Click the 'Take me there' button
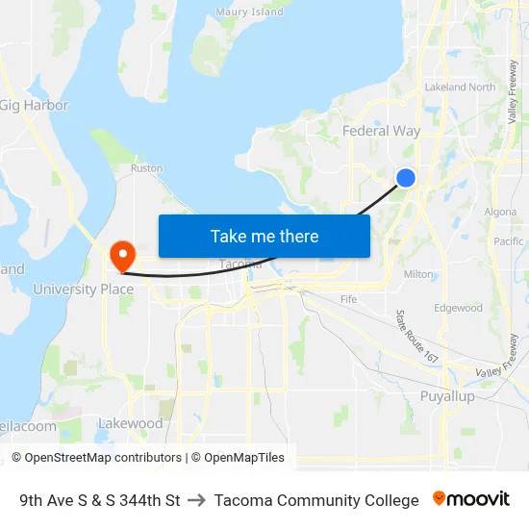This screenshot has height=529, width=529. (264, 236)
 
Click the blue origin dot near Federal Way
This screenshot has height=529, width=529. (406, 177)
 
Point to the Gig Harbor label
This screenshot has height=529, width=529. (35, 105)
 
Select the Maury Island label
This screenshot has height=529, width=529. (249, 13)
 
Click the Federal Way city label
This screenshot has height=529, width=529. (381, 131)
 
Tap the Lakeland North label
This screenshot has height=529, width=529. (460, 87)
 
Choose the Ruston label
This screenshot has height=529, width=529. (146, 167)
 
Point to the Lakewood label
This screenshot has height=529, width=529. (131, 423)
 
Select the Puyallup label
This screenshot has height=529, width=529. (447, 396)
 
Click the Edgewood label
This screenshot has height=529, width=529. (458, 308)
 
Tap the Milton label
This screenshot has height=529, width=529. (418, 274)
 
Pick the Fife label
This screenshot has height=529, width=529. (348, 299)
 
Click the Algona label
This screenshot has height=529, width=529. (500, 212)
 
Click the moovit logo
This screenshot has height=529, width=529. (470, 498)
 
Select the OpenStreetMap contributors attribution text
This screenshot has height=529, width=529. (103, 458)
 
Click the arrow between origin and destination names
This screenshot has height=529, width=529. (197, 500)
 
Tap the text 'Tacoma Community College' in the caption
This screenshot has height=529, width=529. (316, 500)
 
